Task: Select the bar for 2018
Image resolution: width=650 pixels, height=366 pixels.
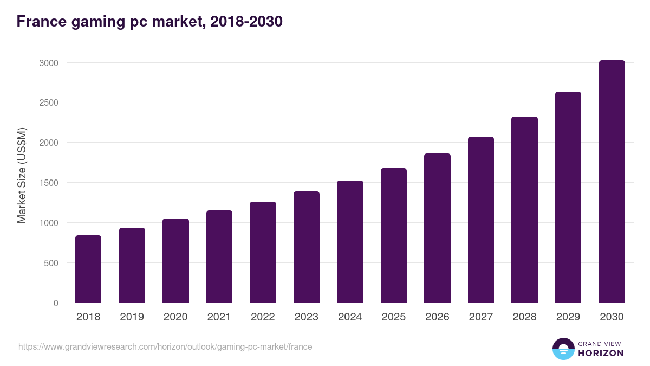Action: click(x=88, y=269)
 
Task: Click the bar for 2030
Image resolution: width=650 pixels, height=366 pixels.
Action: click(x=612, y=182)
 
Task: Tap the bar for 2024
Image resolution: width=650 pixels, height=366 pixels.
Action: click(x=350, y=242)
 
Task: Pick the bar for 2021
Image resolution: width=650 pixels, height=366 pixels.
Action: click(x=219, y=256)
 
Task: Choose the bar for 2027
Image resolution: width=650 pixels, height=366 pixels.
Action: click(x=481, y=220)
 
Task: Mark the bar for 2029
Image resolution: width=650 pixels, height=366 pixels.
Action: click(x=568, y=197)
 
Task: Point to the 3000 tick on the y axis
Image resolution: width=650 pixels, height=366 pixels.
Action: click(x=48, y=63)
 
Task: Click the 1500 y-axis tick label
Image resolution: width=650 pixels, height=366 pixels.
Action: click(x=48, y=183)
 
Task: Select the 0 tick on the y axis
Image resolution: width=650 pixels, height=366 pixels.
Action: click(x=56, y=303)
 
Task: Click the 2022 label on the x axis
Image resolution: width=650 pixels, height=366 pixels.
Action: click(x=263, y=317)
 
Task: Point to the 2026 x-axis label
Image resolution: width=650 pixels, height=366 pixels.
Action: click(x=437, y=317)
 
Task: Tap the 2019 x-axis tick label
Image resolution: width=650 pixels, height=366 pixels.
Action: click(x=132, y=317)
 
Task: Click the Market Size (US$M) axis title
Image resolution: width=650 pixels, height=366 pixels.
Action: click(x=22, y=175)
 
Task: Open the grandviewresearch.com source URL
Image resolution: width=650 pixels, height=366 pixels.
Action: click(x=165, y=346)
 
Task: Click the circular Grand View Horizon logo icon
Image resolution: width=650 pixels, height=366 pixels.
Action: click(x=563, y=349)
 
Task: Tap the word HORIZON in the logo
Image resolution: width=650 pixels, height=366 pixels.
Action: click(x=601, y=353)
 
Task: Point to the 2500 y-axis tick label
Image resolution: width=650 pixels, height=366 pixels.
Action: click(x=48, y=102)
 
